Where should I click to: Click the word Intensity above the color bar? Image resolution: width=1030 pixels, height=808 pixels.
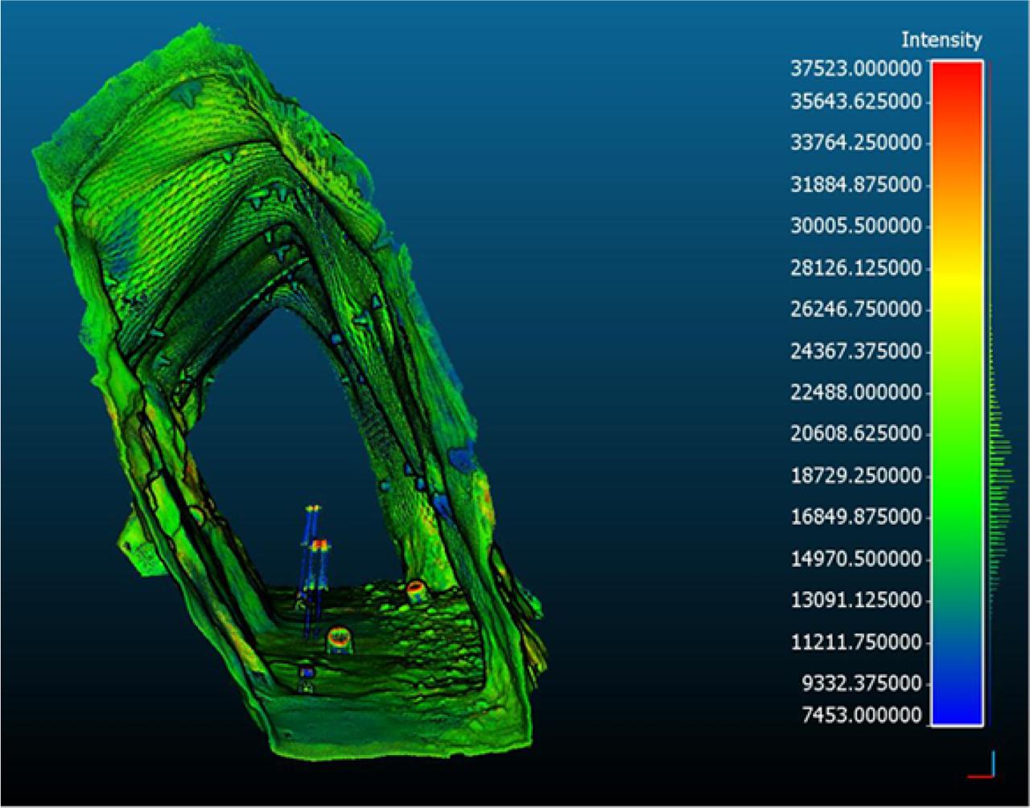click(941, 39)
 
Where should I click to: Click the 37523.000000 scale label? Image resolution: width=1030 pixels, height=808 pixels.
click(855, 68)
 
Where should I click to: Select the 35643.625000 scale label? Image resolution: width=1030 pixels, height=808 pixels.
click(855, 102)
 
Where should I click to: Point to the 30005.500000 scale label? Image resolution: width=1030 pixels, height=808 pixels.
click(855, 227)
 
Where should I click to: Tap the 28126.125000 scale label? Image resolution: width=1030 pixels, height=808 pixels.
click(855, 268)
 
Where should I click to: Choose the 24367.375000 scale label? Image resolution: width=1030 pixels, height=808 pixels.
click(855, 351)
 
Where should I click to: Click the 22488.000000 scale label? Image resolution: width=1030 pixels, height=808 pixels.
click(855, 393)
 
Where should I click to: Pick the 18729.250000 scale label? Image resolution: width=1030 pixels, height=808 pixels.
click(855, 476)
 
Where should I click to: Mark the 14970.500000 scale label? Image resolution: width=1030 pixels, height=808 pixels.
click(855, 559)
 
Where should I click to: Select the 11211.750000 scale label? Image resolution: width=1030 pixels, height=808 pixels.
click(855, 642)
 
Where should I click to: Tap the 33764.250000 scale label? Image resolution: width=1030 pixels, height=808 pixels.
click(855, 144)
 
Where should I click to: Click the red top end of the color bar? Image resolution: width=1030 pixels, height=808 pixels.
click(957, 72)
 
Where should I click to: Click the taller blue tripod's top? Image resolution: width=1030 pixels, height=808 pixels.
click(313, 509)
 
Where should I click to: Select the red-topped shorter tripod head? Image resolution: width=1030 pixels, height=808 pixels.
click(320, 544)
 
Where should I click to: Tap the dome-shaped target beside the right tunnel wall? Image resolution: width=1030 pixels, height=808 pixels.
click(415, 592)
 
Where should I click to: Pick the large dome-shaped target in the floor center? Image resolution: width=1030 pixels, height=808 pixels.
click(339, 639)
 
